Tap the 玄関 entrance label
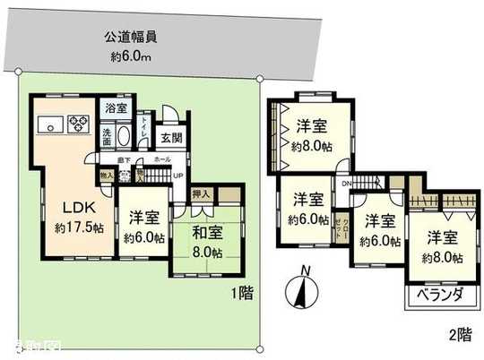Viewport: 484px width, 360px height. (171, 139)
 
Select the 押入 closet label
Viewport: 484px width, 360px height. (203, 193)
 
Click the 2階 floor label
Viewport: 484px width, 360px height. (459, 336)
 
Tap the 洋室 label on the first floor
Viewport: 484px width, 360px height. (142, 217)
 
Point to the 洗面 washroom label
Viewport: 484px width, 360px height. (105, 140)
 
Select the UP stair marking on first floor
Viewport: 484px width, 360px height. (178, 175)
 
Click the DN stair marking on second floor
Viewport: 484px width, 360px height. (345, 184)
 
